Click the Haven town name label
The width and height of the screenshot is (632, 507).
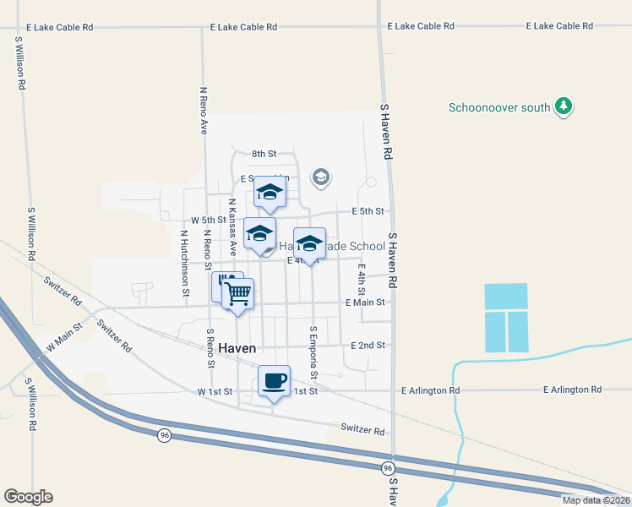tap(237, 348)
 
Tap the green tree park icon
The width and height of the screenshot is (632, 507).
tap(564, 107)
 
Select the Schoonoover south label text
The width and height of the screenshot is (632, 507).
tap(499, 107)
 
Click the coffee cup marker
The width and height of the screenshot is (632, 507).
tap(274, 381)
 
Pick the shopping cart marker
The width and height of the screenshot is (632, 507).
tap(238, 294)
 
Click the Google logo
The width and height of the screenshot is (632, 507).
tap(29, 497)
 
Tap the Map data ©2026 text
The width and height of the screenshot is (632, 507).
tap(596, 500)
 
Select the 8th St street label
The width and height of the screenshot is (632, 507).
tap(264, 154)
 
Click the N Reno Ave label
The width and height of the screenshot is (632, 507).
tap(204, 110)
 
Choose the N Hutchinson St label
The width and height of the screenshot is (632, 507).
tap(183, 263)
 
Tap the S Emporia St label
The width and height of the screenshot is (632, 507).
tap(313, 352)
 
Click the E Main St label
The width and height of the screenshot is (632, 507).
tap(365, 302)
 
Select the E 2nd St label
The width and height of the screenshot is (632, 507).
tap(368, 345)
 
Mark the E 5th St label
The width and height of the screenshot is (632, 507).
tap(368, 210)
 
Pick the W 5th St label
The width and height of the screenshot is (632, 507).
tap(208, 220)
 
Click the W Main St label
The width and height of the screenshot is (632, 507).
tap(63, 335)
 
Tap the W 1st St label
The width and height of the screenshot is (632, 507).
tap(215, 392)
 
